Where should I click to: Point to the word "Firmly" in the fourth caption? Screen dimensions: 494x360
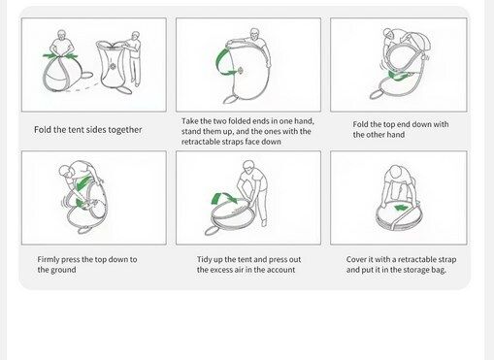click(49, 259)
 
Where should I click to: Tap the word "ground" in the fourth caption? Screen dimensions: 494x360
click(64, 270)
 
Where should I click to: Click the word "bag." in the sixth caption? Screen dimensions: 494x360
click(439, 270)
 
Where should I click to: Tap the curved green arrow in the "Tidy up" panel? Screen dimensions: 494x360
click(224, 198)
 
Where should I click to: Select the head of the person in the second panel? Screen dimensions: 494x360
click(255, 34)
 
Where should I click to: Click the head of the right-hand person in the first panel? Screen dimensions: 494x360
click(136, 36)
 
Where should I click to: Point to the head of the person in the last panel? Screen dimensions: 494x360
click(395, 171)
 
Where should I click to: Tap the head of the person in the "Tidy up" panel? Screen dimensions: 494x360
click(248, 166)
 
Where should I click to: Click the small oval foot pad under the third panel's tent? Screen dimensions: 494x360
click(376, 94)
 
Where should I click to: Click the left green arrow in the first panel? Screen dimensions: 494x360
click(50, 55)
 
